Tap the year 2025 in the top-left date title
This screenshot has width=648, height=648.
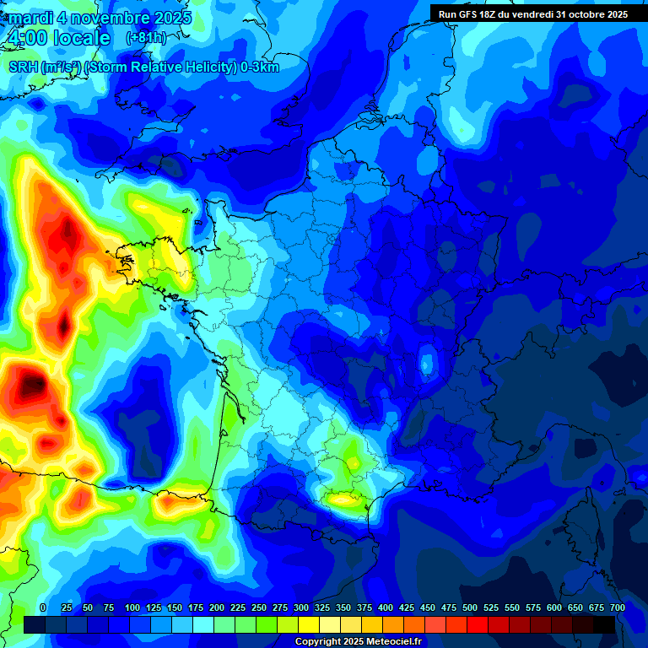[x=168, y=18]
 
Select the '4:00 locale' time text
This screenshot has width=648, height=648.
[x=57, y=39]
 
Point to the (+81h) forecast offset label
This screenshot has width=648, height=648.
[x=146, y=38]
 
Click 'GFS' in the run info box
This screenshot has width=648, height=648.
[x=464, y=13]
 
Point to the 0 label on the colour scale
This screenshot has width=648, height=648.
[x=43, y=608]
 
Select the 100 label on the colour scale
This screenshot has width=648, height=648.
[x=132, y=608]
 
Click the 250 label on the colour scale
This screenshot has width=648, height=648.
[x=259, y=608]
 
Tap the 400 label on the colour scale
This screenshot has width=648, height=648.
[x=386, y=608]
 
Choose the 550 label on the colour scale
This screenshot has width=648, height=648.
[x=512, y=608]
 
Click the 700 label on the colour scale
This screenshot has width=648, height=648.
[x=618, y=608]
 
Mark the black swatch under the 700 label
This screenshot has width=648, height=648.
[x=604, y=624]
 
